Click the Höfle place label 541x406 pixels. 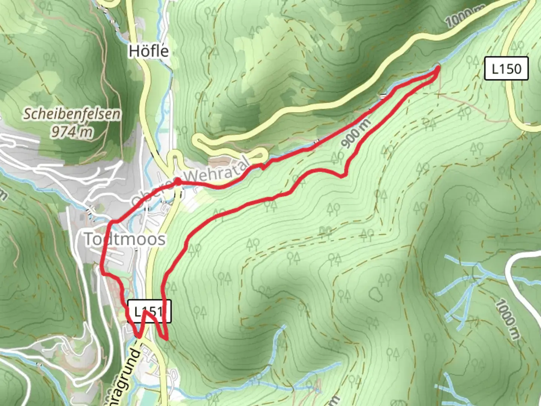pyautogui.click(x=149, y=51)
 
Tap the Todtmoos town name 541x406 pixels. pyautogui.click(x=124, y=239)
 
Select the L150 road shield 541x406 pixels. pyautogui.click(x=506, y=68)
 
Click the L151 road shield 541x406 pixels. pyautogui.click(x=149, y=311)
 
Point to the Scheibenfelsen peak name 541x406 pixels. pyautogui.click(x=72, y=114)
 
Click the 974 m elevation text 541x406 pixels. pyautogui.click(x=72, y=132)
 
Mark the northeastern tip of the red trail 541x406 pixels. pyautogui.click(x=438, y=68)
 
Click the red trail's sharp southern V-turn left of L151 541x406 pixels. pyautogui.click(x=139, y=336)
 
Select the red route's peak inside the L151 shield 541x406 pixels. pyautogui.click(x=146, y=312)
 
